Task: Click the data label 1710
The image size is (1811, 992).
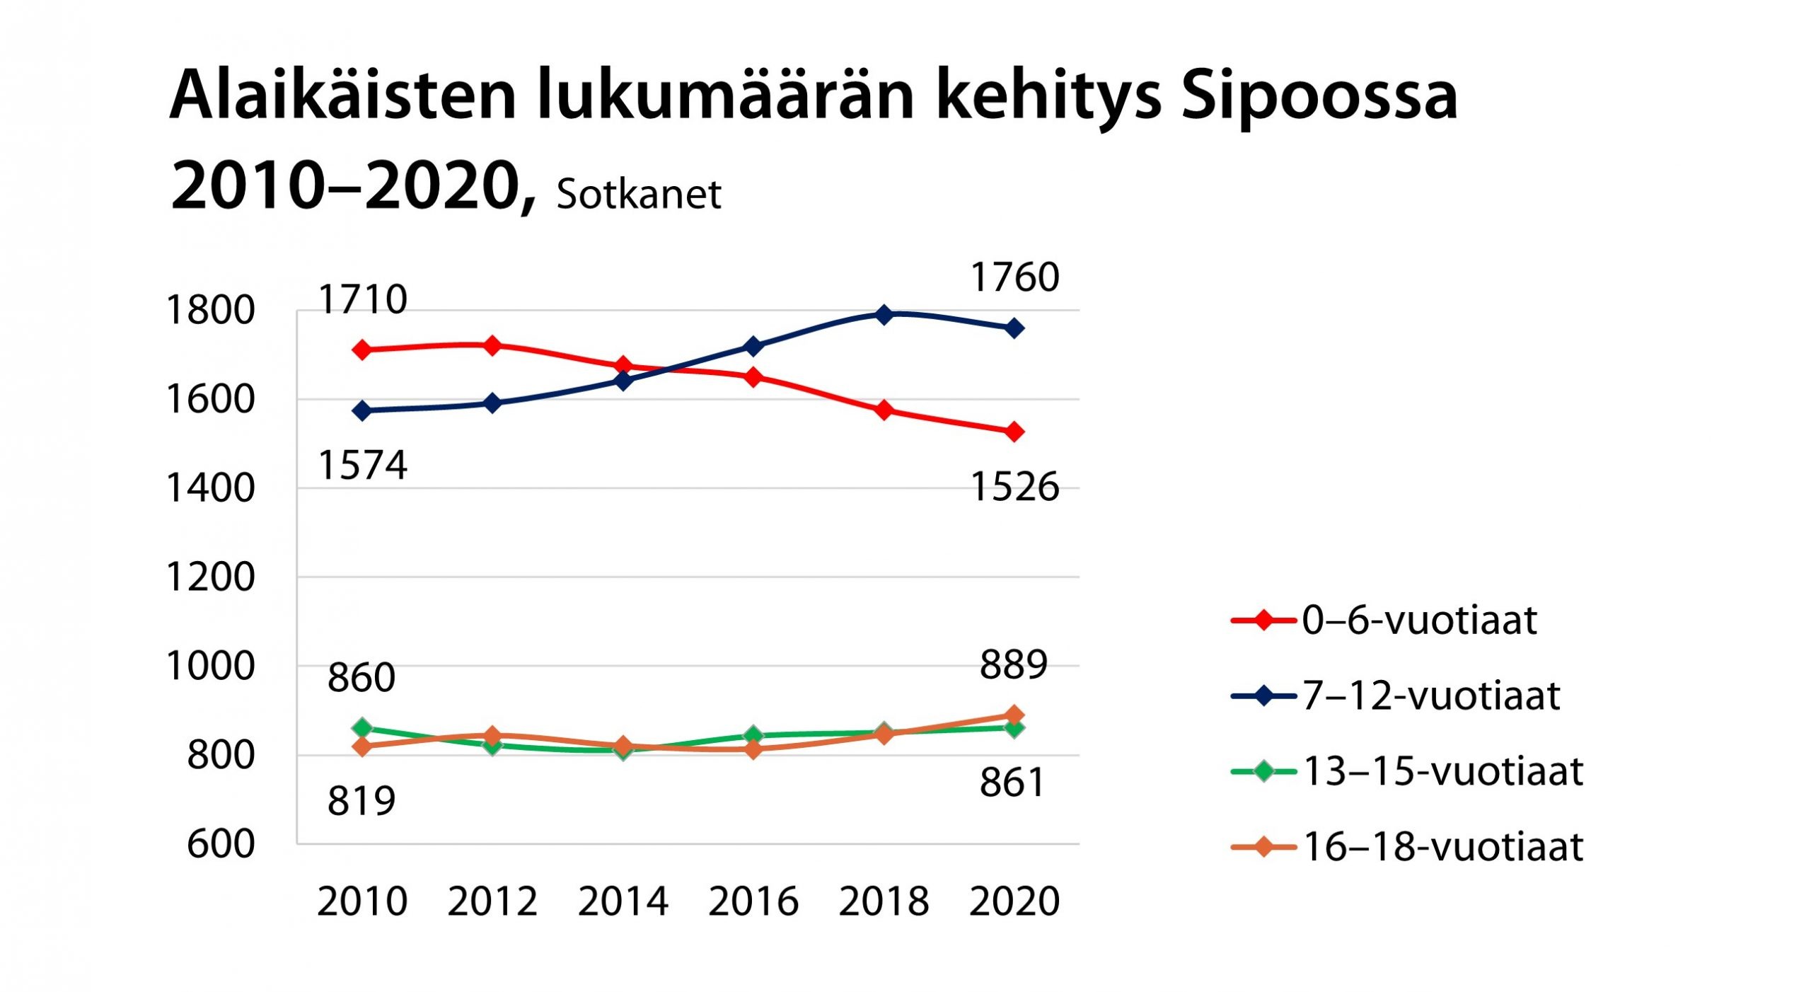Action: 363,299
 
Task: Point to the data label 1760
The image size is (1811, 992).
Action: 1014,277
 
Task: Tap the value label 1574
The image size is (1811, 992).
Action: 363,465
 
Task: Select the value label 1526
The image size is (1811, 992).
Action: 1014,487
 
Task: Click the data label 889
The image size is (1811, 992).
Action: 1013,664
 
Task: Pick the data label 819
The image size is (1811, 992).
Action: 361,801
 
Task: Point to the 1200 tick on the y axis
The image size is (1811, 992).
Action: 210,577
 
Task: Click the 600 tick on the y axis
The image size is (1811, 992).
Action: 221,843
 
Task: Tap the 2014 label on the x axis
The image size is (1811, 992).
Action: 623,901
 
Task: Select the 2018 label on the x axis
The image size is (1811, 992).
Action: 884,901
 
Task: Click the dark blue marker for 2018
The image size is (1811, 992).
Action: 884,314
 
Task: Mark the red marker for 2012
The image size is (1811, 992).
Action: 493,346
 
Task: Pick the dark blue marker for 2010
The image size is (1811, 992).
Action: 363,410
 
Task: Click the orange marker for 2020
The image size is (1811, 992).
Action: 1014,715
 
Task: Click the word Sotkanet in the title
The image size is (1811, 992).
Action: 639,194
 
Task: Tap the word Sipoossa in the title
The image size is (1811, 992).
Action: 1319,96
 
